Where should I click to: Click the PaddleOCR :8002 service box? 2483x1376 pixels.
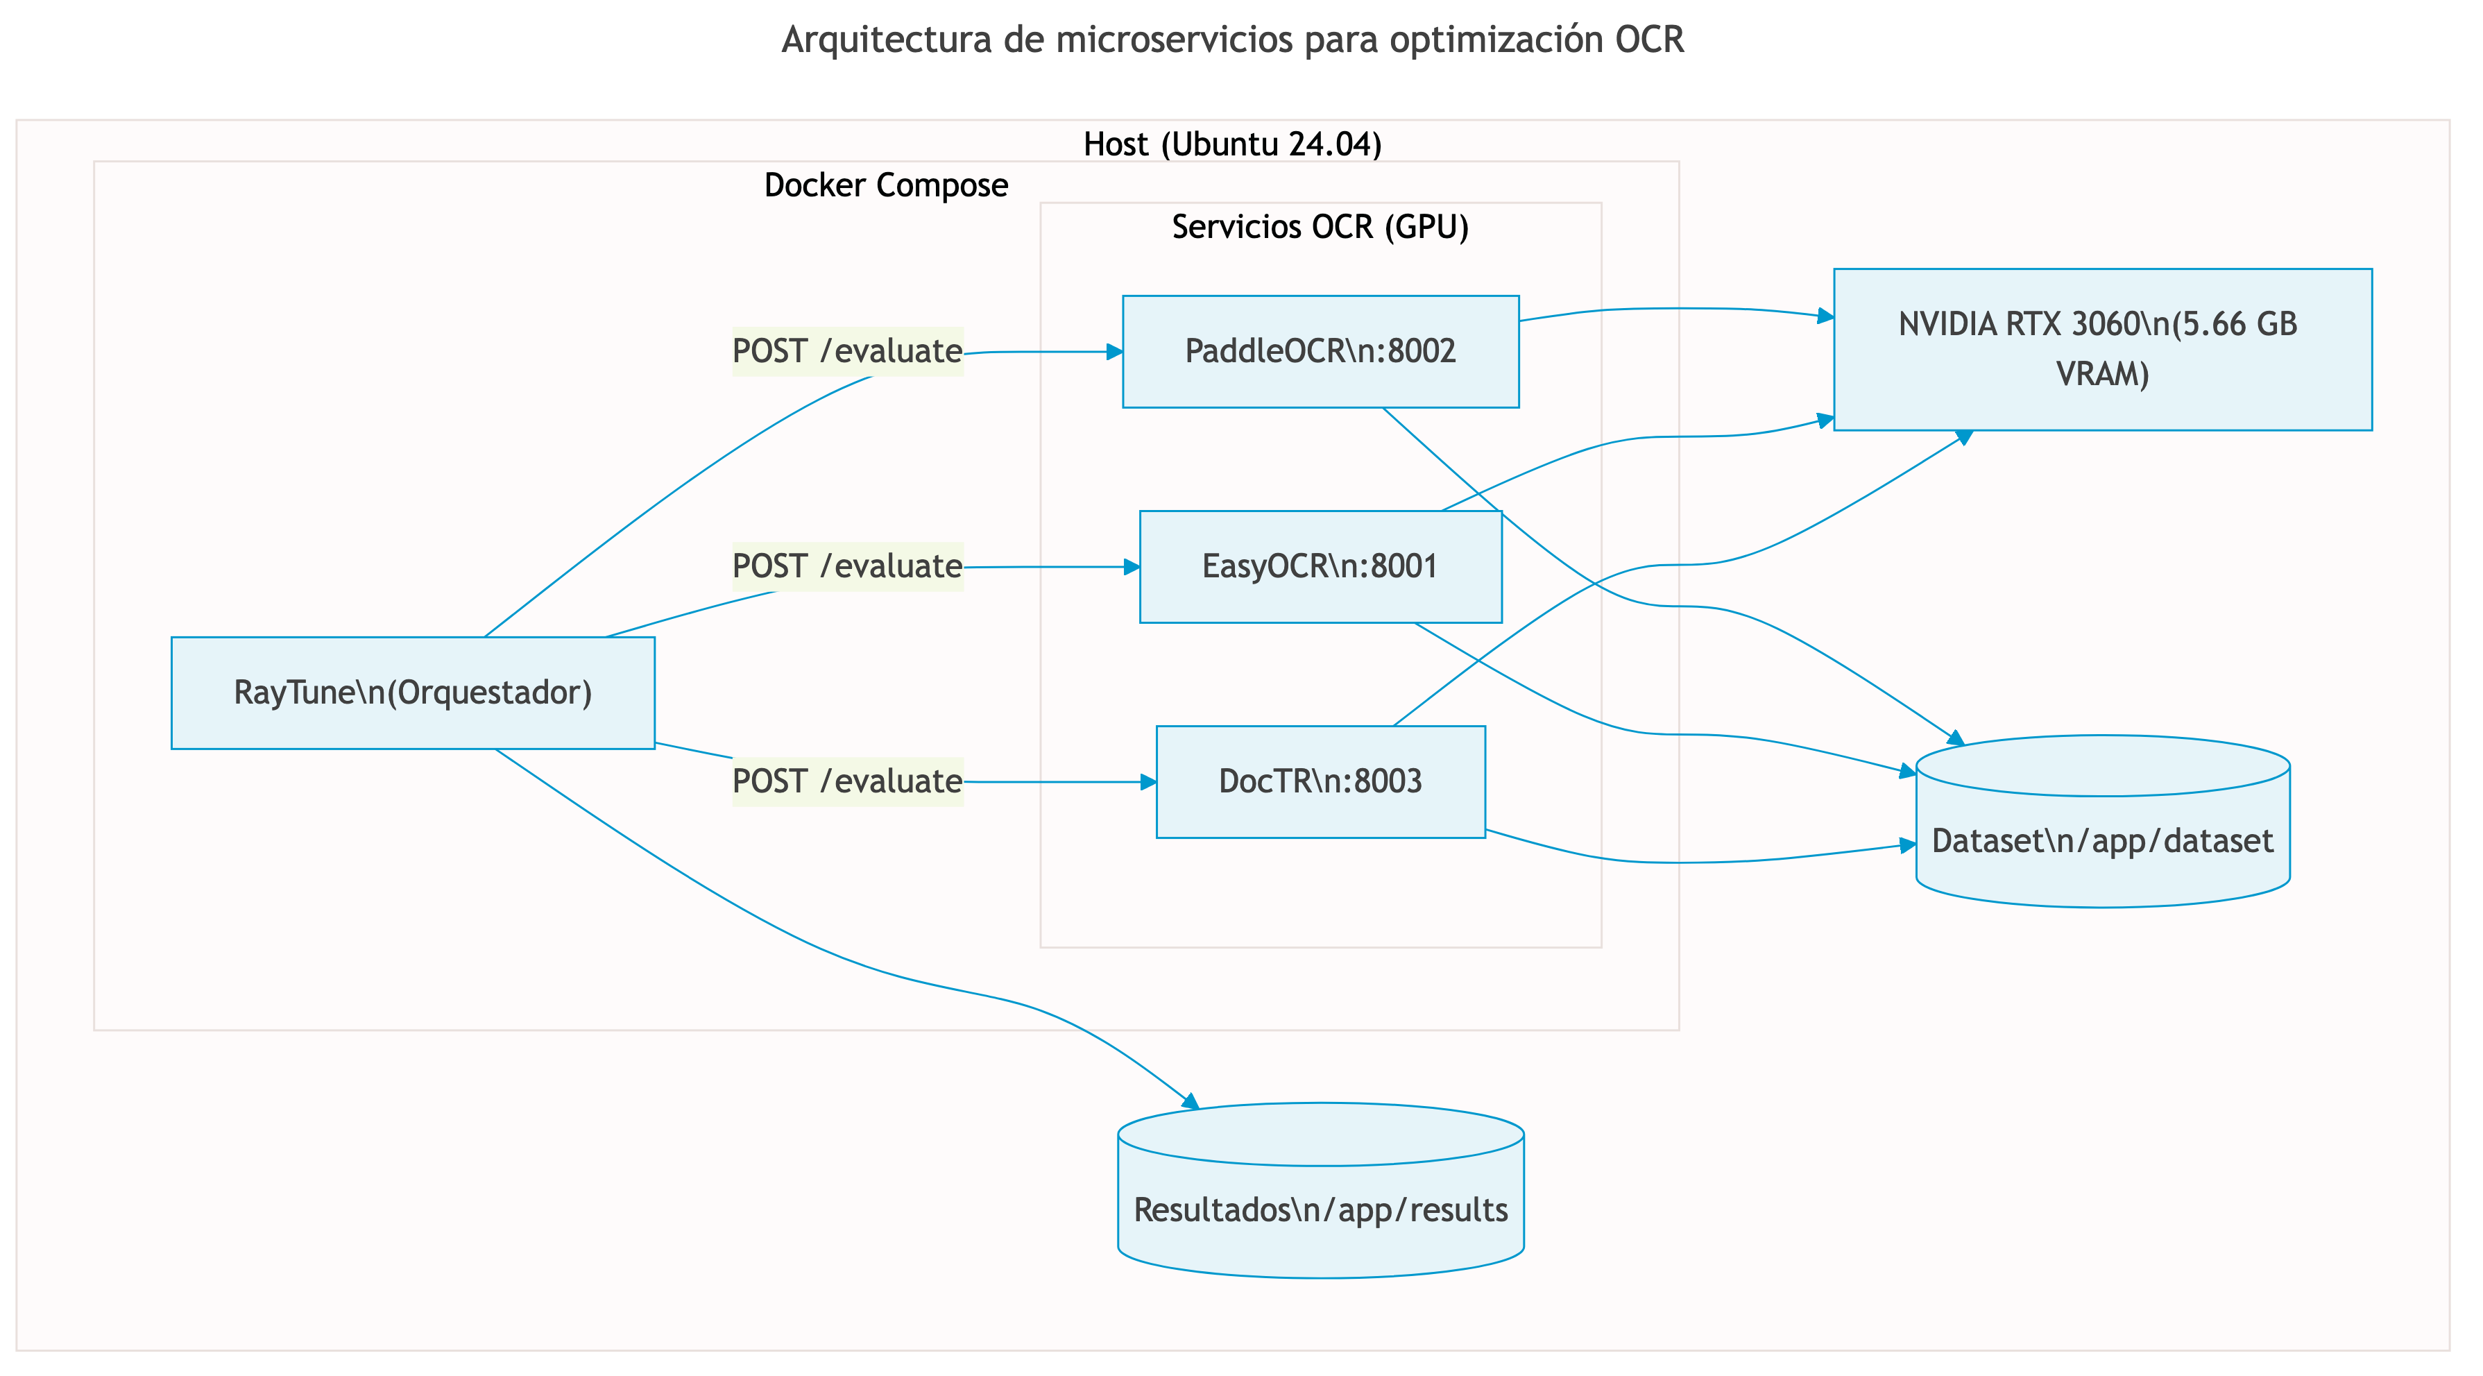(x=1320, y=351)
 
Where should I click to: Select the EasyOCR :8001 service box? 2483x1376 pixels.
(x=1320, y=566)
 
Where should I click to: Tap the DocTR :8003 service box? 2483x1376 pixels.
(x=1320, y=781)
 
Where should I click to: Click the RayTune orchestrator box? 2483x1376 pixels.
(x=413, y=693)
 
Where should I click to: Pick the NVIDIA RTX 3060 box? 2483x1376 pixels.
(x=2101, y=349)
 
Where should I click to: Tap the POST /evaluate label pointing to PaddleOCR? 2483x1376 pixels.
(x=847, y=351)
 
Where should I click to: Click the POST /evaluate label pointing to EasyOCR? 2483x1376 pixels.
(x=847, y=566)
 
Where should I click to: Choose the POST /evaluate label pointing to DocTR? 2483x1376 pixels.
(x=847, y=781)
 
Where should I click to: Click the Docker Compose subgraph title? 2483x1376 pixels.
(x=886, y=185)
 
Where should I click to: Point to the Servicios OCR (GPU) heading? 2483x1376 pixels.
(x=1320, y=227)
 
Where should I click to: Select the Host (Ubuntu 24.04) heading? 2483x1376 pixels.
(x=1232, y=144)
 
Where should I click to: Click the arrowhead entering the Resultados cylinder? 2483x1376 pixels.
(x=1191, y=1102)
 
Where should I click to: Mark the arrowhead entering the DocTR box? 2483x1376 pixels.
(x=1148, y=782)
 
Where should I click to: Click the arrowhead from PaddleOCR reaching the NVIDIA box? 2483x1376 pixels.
(x=1825, y=315)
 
